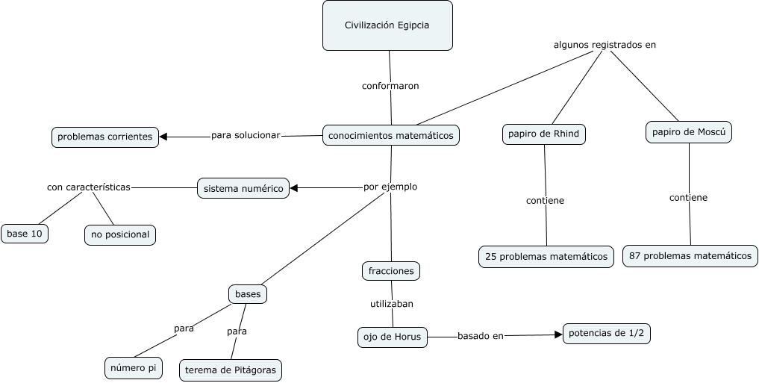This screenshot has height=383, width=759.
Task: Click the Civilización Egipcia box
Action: pyautogui.click(x=387, y=25)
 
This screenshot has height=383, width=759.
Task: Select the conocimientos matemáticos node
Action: pyautogui.click(x=391, y=135)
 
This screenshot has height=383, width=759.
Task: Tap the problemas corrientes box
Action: pyautogui.click(x=104, y=137)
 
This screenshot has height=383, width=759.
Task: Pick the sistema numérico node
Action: pyautogui.click(x=243, y=189)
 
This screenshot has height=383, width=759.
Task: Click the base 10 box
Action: pyautogui.click(x=25, y=234)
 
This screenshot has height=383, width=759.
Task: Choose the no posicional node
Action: pyautogui.click(x=120, y=234)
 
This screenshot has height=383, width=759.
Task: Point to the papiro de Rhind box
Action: pyautogui.click(x=543, y=134)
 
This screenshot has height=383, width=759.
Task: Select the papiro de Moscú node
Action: pyautogui.click(x=689, y=132)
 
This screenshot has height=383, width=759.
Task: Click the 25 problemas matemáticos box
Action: pyautogui.click(x=546, y=256)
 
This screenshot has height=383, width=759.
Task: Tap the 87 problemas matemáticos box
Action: pyautogui.click(x=690, y=255)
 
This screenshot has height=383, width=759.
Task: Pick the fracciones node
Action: pyautogui.click(x=391, y=271)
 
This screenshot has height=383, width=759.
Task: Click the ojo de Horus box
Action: pyautogui.click(x=393, y=337)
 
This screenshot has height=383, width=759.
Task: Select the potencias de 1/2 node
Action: pyautogui.click(x=606, y=334)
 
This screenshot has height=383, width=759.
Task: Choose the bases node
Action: pyautogui.click(x=248, y=294)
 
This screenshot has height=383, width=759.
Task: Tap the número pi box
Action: pyautogui.click(x=134, y=368)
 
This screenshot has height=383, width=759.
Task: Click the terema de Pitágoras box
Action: pyautogui.click(x=231, y=370)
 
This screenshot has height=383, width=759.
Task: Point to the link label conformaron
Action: pyautogui.click(x=390, y=86)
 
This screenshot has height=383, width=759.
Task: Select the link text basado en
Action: pyautogui.click(x=480, y=336)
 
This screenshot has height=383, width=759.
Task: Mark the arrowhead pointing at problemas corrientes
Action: pyautogui.click(x=164, y=137)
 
